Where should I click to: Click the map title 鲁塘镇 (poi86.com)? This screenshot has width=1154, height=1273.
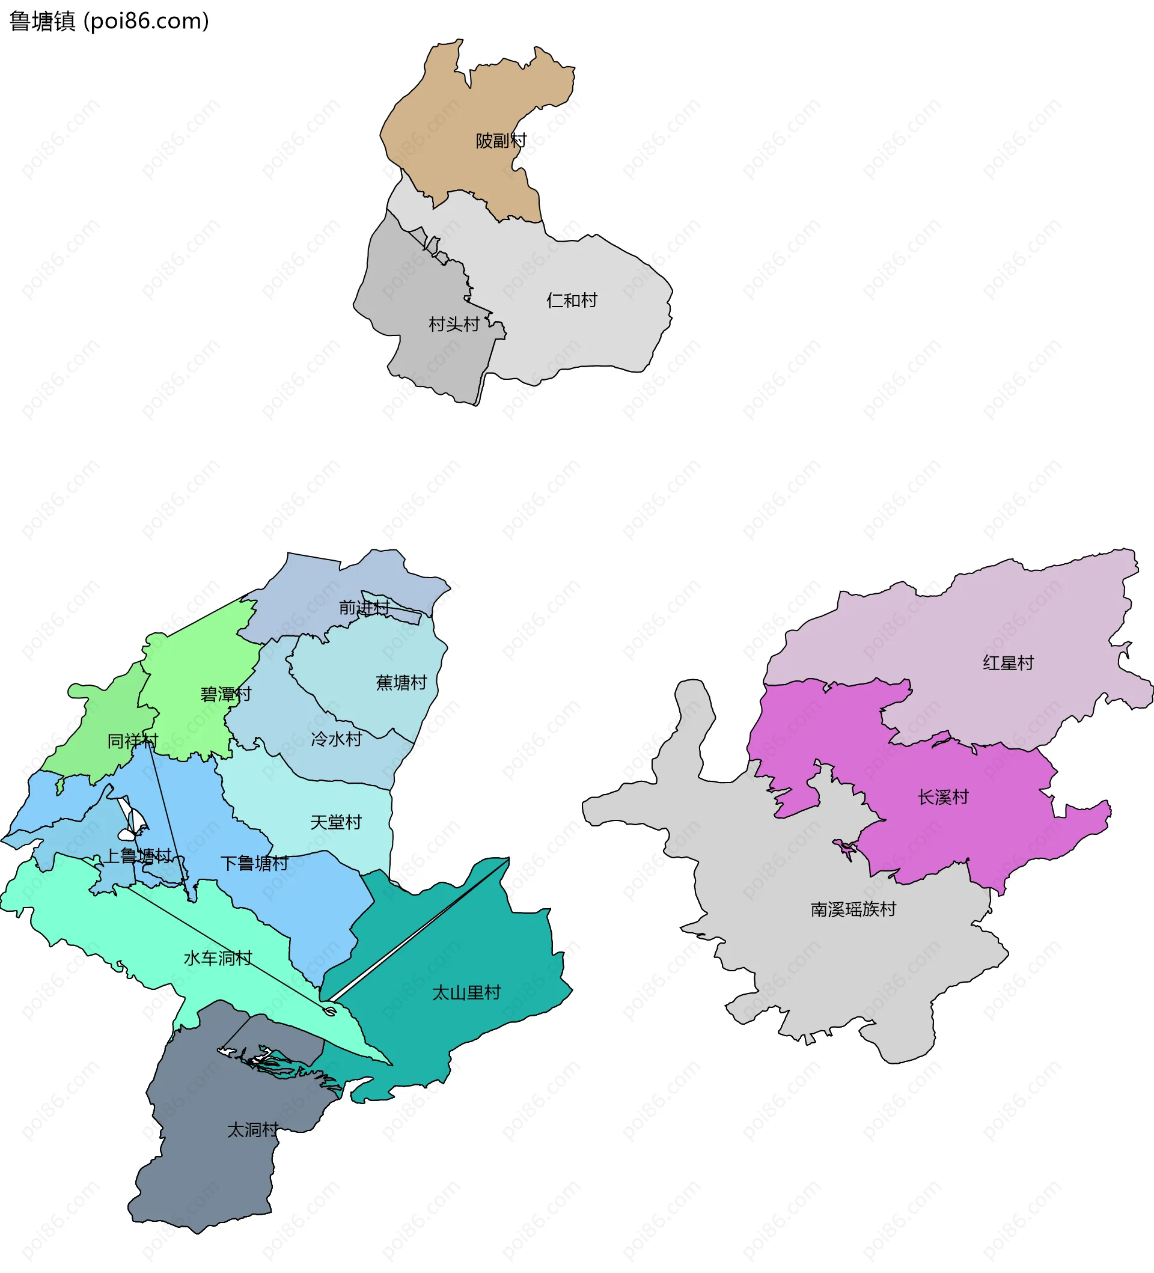[x=109, y=22]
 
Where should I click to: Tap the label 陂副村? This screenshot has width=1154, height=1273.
[x=501, y=140]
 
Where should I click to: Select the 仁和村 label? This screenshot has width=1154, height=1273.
[x=572, y=300]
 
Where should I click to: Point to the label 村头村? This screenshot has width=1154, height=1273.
[x=454, y=324]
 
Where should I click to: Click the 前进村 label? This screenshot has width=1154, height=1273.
[x=364, y=608]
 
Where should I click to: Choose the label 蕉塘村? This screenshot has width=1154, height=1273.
[x=401, y=683]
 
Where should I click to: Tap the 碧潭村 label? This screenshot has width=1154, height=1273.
[x=225, y=695]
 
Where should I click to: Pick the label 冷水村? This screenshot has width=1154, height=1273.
[x=337, y=739]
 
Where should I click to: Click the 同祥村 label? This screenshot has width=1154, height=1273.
[x=133, y=740]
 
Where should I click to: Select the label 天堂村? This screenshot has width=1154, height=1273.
[x=336, y=822]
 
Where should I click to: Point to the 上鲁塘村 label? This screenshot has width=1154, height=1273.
[x=138, y=856]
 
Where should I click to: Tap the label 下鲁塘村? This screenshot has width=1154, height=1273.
[x=254, y=863]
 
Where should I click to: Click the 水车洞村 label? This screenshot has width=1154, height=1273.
[x=218, y=958]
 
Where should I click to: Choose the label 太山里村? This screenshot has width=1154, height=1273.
[x=466, y=993]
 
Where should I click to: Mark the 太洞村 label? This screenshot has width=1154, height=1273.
[x=252, y=1130]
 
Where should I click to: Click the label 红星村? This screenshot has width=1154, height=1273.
[x=1008, y=663]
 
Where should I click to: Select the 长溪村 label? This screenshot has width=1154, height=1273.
[x=943, y=797]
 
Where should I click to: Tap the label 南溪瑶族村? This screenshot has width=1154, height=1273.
[x=853, y=909]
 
